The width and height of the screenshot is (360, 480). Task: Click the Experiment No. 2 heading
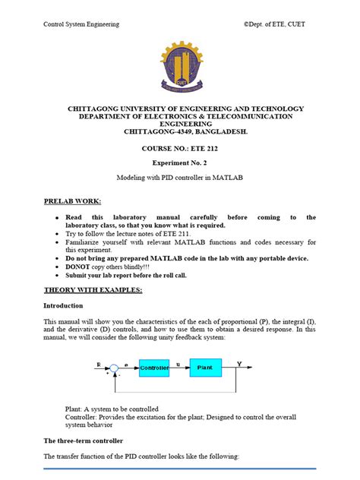tap(180, 163)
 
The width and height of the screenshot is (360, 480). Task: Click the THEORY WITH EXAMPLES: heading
tap(93, 290)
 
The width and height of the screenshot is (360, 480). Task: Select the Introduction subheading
tap(65, 305)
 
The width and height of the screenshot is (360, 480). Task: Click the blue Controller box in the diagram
tap(155, 368)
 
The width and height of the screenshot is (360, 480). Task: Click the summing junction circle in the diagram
tap(114, 368)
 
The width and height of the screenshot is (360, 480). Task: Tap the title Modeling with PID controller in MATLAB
tap(180, 178)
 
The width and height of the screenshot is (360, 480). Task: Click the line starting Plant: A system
tap(112, 409)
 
